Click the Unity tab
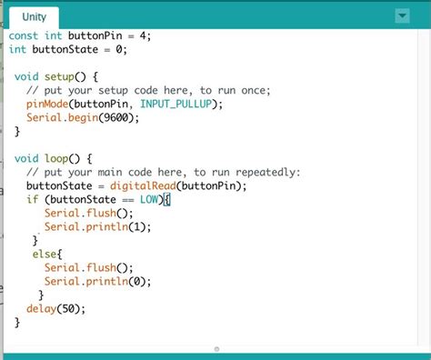point(34,17)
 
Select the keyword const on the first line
point(25,35)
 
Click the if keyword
point(32,200)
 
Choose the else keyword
point(45,255)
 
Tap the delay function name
point(42,309)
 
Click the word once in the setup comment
point(242,91)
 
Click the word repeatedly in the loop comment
point(266,173)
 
